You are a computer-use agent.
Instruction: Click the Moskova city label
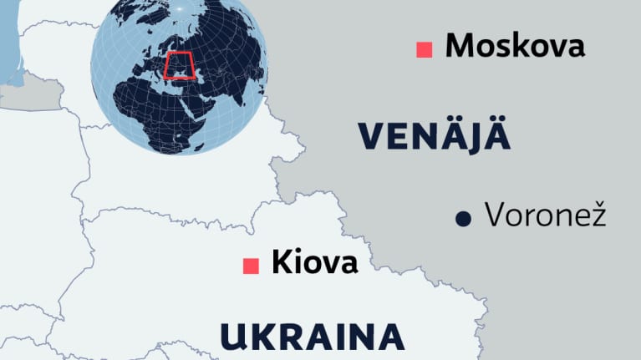pyautogui.click(x=514, y=47)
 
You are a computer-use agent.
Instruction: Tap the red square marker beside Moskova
pyautogui.click(x=425, y=49)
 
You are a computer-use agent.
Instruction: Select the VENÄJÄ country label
pyautogui.click(x=434, y=136)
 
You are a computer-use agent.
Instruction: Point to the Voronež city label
pyautogui.click(x=544, y=217)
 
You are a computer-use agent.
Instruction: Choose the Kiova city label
pyautogui.click(x=314, y=263)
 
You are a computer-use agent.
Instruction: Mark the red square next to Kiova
pyautogui.click(x=249, y=266)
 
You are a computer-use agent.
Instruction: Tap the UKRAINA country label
pyautogui.click(x=313, y=337)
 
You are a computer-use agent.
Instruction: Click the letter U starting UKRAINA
pyautogui.click(x=235, y=337)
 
